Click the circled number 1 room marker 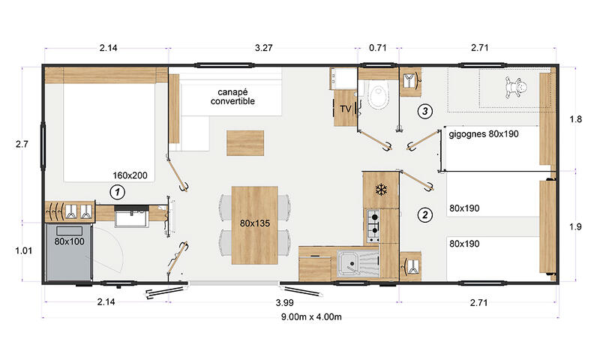pyautogui.click(x=118, y=192)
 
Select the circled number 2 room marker pyautogui.click(x=425, y=214)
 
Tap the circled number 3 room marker pyautogui.click(x=424, y=111)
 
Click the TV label pyautogui.click(x=346, y=109)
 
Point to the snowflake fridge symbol pyautogui.click(x=381, y=189)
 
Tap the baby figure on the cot pyautogui.click(x=515, y=88)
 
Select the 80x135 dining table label pyautogui.click(x=255, y=223)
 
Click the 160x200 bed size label pyautogui.click(x=130, y=175)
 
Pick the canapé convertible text pyautogui.click(x=232, y=97)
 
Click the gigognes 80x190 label pyautogui.click(x=484, y=134)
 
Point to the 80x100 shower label pyautogui.click(x=69, y=241)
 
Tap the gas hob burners pyautogui.click(x=373, y=226)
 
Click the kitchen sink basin pyautogui.click(x=350, y=264)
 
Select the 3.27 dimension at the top pyautogui.click(x=264, y=48)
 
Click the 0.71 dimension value pyautogui.click(x=378, y=48)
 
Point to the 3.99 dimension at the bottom pyautogui.click(x=285, y=302)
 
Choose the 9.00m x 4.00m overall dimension pyautogui.click(x=311, y=316)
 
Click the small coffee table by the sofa pyautogui.click(x=245, y=142)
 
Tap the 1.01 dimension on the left pyautogui.click(x=24, y=250)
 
